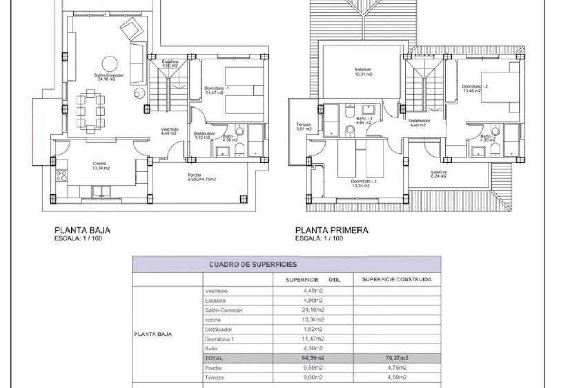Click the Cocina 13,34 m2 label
coord(101,166)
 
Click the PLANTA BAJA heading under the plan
coord(82,230)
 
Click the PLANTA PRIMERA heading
coord(332,230)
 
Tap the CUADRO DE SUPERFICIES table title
coord(253,264)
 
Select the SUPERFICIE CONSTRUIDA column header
coord(397,279)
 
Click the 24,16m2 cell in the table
coord(313,310)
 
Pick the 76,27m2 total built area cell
coord(397,358)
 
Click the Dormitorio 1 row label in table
coord(219,339)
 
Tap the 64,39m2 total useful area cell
coord(313,358)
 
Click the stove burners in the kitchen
coord(61,176)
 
